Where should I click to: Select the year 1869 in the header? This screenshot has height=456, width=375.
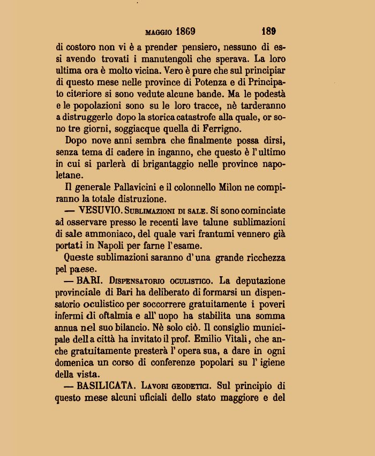point(185,31)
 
